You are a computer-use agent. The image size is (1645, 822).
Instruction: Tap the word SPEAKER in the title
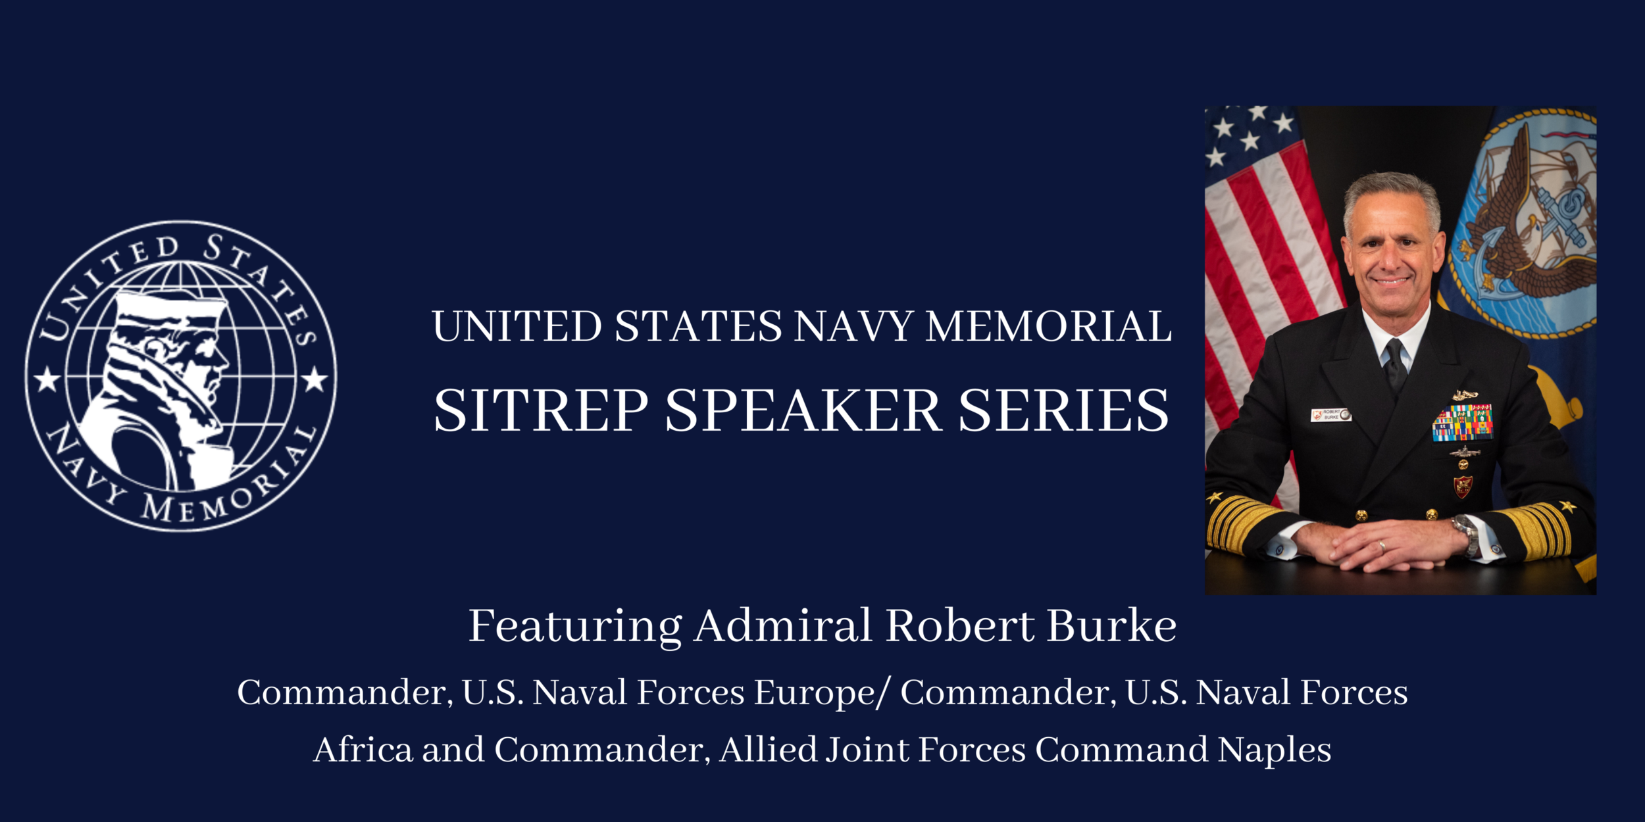803,410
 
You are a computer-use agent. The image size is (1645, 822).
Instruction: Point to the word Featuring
574,626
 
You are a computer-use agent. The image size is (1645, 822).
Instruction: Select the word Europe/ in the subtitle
822,692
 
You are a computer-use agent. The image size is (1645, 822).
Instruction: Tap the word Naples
1274,750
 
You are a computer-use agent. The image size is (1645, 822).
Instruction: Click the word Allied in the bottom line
768,750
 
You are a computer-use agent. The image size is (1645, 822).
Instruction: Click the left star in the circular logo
47,379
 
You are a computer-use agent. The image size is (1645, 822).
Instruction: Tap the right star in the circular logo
315,379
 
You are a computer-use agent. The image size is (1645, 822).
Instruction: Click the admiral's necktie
1394,365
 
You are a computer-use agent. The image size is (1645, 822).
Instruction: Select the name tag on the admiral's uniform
1330,415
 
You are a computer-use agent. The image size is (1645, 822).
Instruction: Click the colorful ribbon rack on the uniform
1462,422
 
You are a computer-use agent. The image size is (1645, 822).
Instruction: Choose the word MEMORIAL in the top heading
1049,326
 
